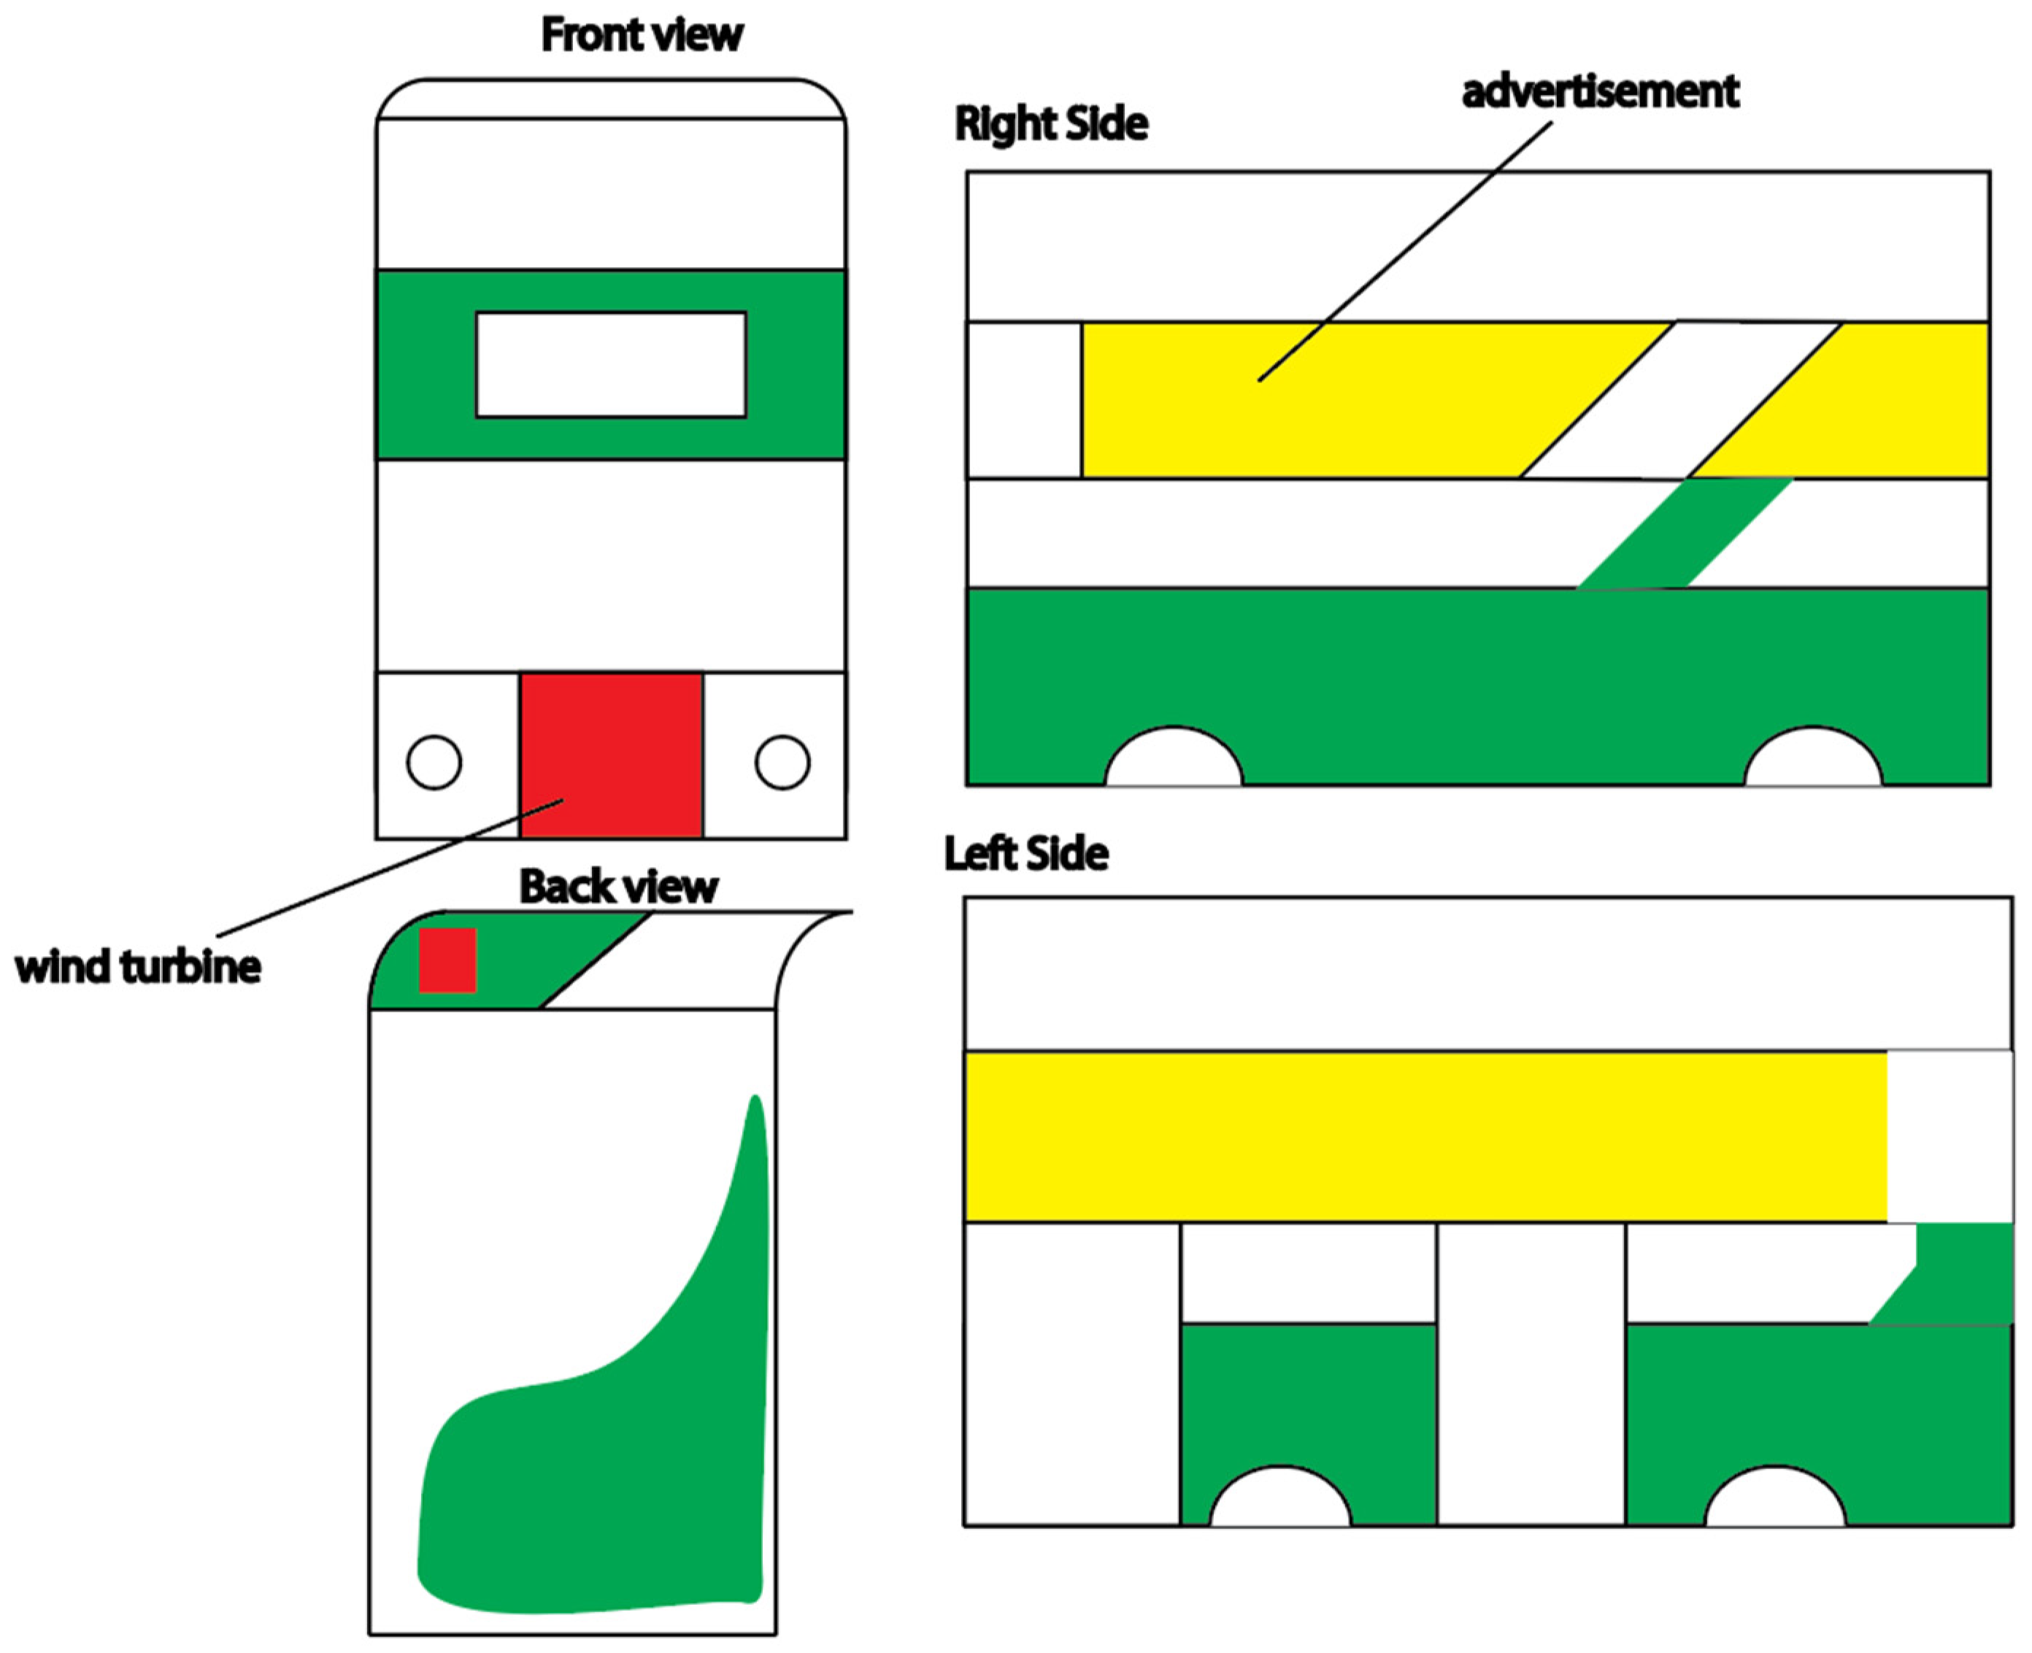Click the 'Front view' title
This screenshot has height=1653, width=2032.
click(642, 35)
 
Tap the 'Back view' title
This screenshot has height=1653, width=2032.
click(618, 887)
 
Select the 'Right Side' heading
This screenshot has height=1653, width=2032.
click(1051, 124)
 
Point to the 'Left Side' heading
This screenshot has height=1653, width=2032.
click(1025, 853)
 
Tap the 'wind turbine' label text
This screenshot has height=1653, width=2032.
click(138, 966)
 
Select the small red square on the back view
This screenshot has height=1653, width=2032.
click(447, 960)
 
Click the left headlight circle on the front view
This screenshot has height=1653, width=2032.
click(434, 762)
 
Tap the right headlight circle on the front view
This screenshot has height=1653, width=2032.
click(782, 762)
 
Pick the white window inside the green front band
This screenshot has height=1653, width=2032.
click(610, 365)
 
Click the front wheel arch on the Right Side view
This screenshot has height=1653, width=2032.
click(1173, 762)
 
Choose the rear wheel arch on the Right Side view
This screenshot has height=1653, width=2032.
click(1813, 762)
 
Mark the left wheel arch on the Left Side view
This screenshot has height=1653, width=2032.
click(1279, 1503)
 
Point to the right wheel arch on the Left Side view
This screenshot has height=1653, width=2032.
click(1775, 1503)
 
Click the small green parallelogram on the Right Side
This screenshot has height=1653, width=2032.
click(1685, 533)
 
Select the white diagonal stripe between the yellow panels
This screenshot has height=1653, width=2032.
click(1681, 400)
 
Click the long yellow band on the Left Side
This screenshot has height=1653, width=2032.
click(1425, 1137)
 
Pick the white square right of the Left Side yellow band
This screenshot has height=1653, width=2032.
click(1950, 1137)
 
